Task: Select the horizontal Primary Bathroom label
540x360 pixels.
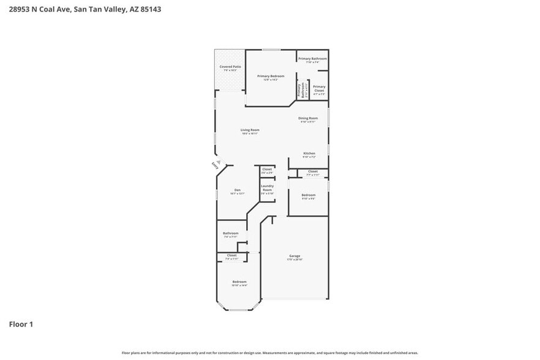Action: pyautogui.click(x=312, y=59)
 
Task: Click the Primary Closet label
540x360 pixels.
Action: pyautogui.click(x=319, y=89)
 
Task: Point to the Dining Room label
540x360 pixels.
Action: pyautogui.click(x=307, y=118)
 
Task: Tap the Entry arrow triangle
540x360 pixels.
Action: pyautogui.click(x=219, y=161)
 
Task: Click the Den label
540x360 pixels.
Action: pyautogui.click(x=237, y=190)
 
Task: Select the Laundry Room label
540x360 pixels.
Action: pyautogui.click(x=267, y=188)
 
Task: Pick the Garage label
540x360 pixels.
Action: pyautogui.click(x=294, y=256)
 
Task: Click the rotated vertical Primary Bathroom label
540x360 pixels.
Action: pyautogui.click(x=301, y=90)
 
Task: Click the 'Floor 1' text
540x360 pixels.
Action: pyautogui.click(x=20, y=324)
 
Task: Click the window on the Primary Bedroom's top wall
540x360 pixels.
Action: pyautogui.click(x=271, y=50)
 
